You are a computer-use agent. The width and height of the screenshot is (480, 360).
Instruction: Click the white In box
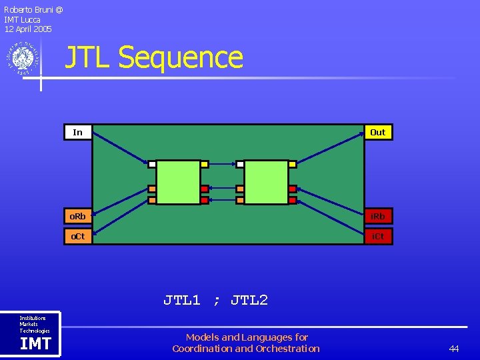[x=78, y=132]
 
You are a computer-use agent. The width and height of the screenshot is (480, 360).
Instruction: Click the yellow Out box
[x=378, y=132]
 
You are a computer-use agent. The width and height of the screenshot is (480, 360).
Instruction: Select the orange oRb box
[x=78, y=216]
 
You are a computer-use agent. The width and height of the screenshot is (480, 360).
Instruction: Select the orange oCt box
[x=78, y=237]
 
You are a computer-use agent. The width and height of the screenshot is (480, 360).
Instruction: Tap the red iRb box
[x=378, y=216]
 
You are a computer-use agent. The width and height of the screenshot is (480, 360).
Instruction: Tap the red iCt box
[x=378, y=237]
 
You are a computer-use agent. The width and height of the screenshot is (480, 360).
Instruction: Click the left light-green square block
[x=179, y=182]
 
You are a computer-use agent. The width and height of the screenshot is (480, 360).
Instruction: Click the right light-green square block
[x=266, y=182]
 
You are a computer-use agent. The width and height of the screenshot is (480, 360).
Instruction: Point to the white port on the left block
[x=152, y=164]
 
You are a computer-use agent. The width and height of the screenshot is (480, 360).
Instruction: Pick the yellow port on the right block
[x=292, y=164]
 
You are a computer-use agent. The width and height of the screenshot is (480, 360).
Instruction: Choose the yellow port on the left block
[x=205, y=164]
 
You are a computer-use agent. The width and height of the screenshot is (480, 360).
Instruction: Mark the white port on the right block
[x=239, y=164]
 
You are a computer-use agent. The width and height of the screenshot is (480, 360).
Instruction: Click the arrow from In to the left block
[x=120, y=147]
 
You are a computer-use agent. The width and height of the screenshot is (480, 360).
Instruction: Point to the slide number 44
[x=454, y=349]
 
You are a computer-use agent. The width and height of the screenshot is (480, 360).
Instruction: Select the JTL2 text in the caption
[x=249, y=300]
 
